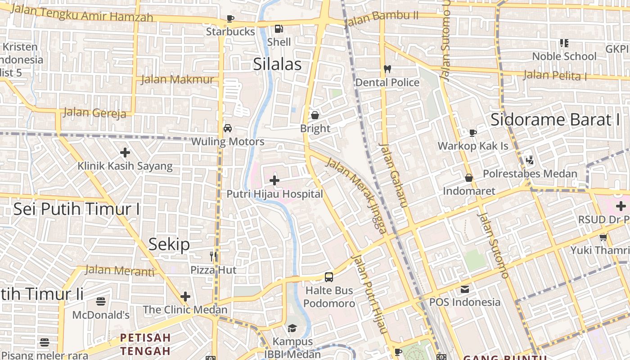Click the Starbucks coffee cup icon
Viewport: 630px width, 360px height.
tap(230, 19)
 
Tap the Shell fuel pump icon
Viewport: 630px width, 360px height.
tap(279, 29)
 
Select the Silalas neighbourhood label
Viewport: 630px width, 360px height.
tap(277, 64)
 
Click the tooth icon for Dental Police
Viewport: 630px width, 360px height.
tap(387, 69)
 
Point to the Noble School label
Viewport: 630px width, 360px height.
tap(564, 57)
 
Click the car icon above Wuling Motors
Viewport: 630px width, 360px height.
tap(228, 128)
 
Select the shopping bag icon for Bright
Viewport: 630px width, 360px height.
tap(315, 115)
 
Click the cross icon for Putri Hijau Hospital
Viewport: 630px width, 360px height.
tap(274, 181)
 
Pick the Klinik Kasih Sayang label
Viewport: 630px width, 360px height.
tap(125, 166)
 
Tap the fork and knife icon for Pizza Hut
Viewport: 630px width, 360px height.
tap(213, 256)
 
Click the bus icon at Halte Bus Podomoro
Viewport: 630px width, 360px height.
tap(329, 277)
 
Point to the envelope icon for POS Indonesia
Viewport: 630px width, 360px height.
tap(464, 289)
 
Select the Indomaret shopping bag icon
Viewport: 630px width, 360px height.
tap(469, 178)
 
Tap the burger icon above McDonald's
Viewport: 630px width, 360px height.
tap(101, 301)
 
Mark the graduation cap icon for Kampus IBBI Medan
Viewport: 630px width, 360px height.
tap(292, 328)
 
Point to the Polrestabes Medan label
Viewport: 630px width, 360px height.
tap(530, 174)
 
